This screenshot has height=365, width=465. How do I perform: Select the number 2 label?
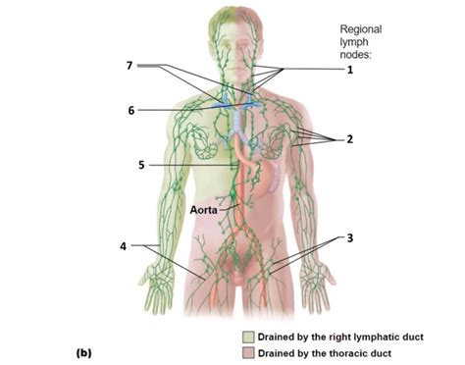(x=350, y=139)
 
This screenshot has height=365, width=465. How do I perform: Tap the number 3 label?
(x=350, y=237)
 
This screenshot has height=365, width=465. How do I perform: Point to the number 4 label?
(x=123, y=245)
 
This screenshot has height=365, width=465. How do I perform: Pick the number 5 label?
(x=142, y=165)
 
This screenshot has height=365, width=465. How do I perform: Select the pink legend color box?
(x=248, y=353)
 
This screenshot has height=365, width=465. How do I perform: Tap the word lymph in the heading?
(x=354, y=44)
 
